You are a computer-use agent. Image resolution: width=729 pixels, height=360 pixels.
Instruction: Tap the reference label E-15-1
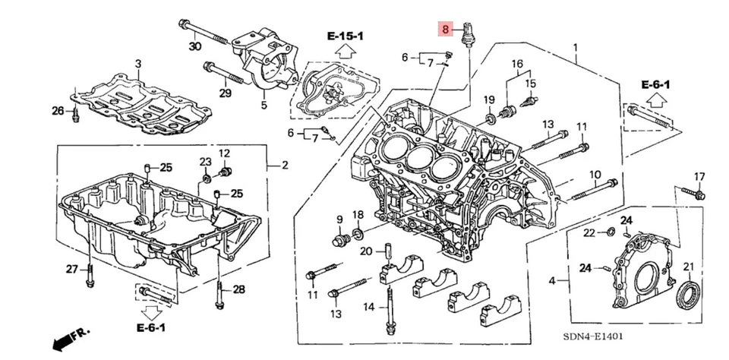pos(346,36)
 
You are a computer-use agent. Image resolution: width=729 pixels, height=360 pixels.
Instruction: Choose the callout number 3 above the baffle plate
pos(139,63)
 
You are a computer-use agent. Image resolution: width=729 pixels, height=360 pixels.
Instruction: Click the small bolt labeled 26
pos(75,115)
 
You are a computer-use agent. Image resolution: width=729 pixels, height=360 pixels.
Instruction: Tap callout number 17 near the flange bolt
pos(699,177)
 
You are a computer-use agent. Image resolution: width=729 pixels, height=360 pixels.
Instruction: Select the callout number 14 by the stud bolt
pos(369,307)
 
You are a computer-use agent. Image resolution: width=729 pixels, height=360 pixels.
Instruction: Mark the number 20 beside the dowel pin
pos(366,251)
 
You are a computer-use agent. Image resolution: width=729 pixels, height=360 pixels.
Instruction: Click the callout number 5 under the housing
pos(264,106)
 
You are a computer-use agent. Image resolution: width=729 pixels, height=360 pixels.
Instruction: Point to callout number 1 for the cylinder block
pos(575,47)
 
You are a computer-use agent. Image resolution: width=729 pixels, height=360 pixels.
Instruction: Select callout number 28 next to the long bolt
pos(238,289)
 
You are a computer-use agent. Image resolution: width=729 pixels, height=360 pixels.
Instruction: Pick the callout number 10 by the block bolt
pos(595,175)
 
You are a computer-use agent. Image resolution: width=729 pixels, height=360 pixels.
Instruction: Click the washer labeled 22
pos(611,231)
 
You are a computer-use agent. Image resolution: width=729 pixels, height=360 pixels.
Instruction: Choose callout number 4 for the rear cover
pos(551,281)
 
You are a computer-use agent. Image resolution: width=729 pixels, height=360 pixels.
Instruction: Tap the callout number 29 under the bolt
pos(225,93)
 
